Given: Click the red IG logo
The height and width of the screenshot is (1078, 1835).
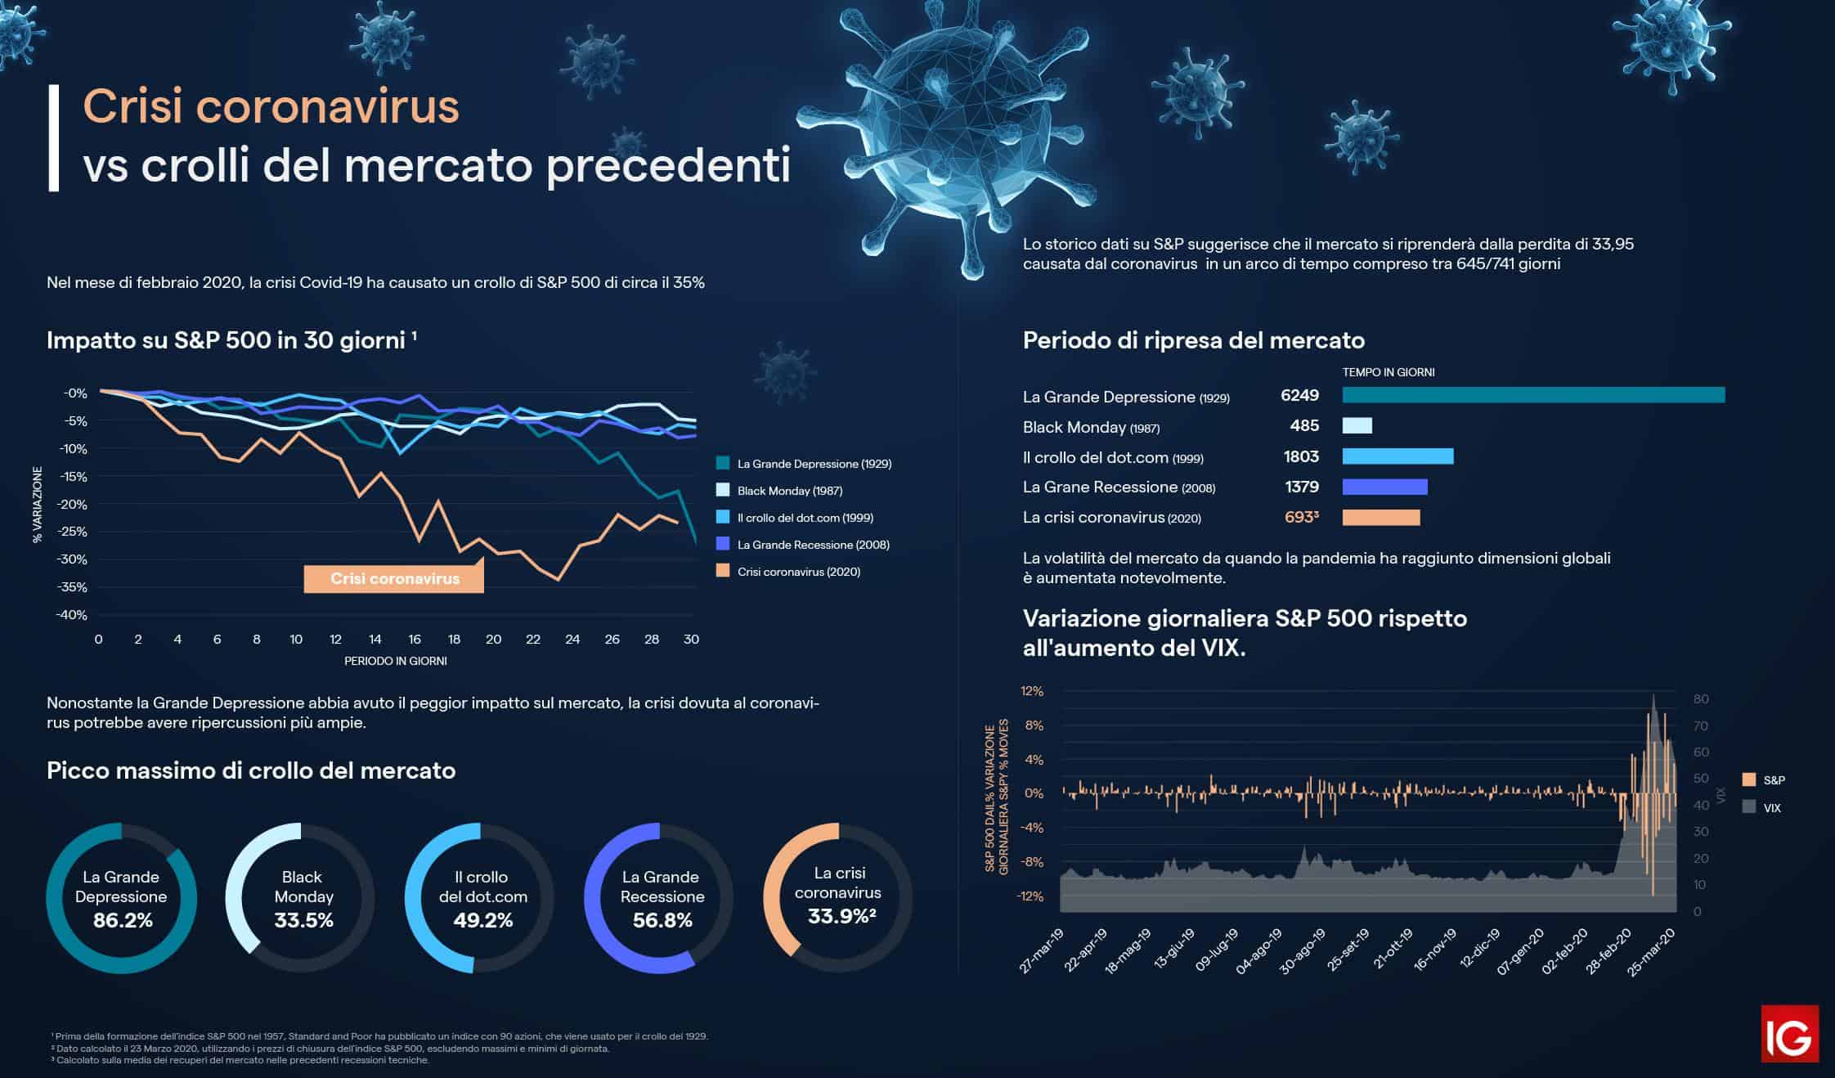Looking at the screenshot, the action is pos(1789,1033).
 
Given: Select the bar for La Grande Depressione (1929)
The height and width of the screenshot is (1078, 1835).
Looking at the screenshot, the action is pos(1533,395).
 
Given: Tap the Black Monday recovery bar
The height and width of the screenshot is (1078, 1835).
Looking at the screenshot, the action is pos(1357,425).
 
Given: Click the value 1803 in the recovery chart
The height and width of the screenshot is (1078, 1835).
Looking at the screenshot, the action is pos(1301,456).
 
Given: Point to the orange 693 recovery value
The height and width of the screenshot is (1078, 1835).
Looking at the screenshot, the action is pos(1300,517).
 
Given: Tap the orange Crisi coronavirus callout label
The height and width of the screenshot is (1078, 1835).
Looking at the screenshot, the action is pos(394,578).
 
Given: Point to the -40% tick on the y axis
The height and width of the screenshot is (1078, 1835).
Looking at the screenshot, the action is pos(71,615).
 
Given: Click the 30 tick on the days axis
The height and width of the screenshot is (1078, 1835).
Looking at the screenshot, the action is pos(691,640).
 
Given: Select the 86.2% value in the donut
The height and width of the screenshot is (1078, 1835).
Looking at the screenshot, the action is pos(123,920).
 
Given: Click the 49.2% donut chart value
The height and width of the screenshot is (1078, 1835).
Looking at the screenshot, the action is pos(482,920).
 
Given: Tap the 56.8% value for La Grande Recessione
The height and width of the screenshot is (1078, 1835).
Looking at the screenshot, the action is pos(662,920).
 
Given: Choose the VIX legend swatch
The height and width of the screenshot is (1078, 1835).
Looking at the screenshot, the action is pos(1749,806).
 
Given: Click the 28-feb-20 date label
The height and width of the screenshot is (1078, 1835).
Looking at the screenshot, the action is pos(1607,951).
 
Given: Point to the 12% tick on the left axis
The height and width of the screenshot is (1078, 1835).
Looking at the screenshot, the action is pos(1032,691).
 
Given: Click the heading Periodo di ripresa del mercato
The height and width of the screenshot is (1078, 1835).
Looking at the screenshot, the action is pos(1193,340).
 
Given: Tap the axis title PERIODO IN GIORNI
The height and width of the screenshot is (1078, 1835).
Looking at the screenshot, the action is pos(395,661).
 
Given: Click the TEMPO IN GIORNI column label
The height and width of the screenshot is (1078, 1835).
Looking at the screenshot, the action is pos(1389,372).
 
